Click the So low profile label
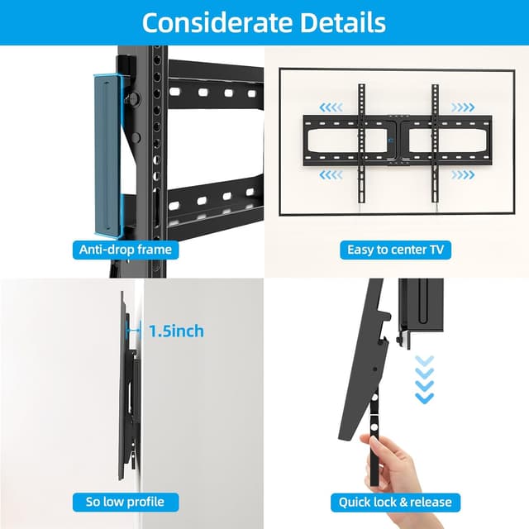click(x=126, y=502)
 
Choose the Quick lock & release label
click(x=395, y=502)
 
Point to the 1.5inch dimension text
click(x=175, y=331)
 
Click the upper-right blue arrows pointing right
click(x=463, y=107)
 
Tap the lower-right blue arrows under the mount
click(x=463, y=174)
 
